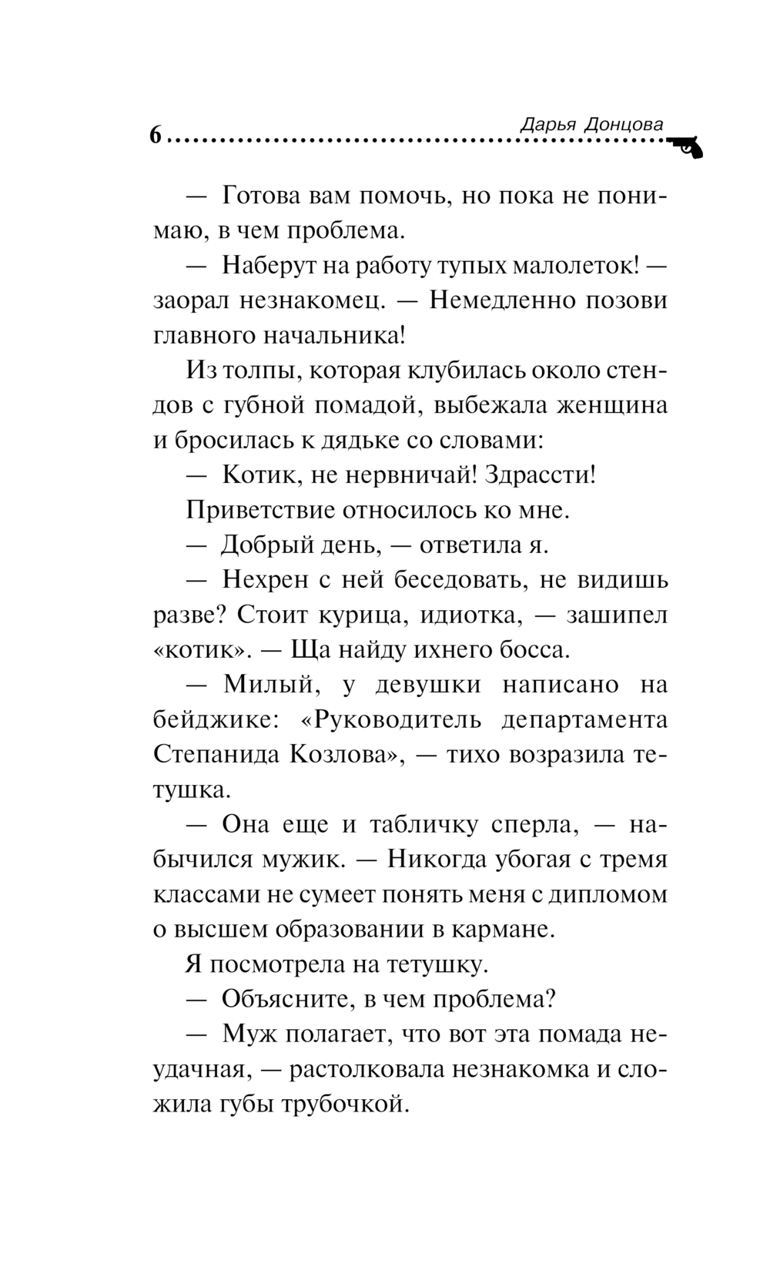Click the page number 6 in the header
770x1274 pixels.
point(156,136)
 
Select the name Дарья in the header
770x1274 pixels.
point(547,124)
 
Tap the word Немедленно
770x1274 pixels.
point(500,300)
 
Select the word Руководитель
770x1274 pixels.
point(393,719)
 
